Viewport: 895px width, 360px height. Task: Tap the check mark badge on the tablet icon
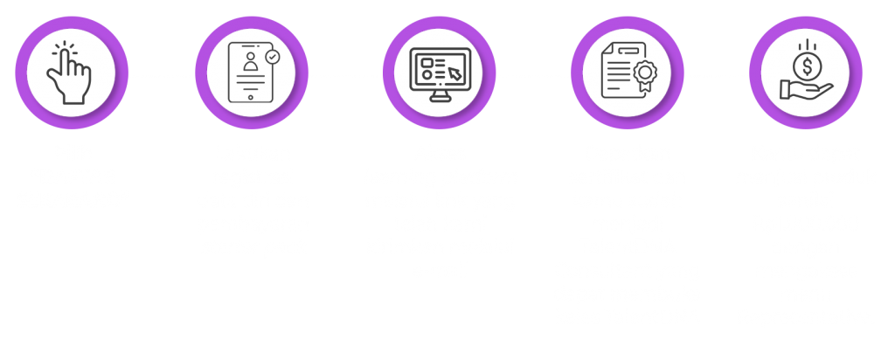(x=273, y=55)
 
